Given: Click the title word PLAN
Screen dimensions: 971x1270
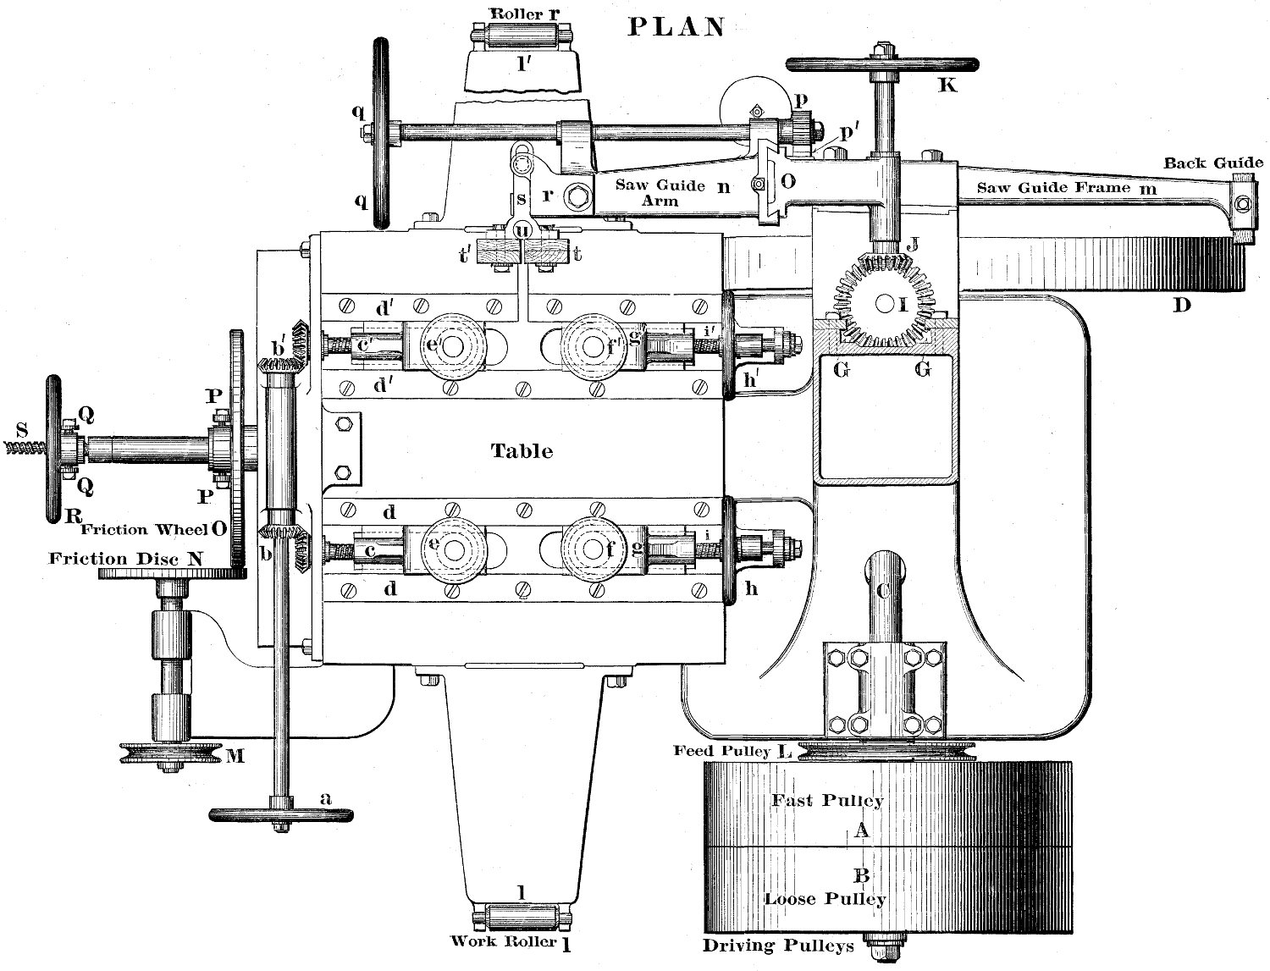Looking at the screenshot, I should pyautogui.click(x=676, y=27).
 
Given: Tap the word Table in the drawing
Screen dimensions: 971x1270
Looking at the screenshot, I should pyautogui.click(x=522, y=450).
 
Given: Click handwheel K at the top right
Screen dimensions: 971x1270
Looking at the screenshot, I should pyautogui.click(x=882, y=64).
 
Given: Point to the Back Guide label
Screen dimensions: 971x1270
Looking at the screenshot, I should pyautogui.click(x=1212, y=163).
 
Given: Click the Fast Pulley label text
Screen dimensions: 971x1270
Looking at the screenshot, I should pyautogui.click(x=827, y=800).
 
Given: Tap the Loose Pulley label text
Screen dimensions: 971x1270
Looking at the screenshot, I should pyautogui.click(x=825, y=899).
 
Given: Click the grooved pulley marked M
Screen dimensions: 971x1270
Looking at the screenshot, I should pyautogui.click(x=170, y=753).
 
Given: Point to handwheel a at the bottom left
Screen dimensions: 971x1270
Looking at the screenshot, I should pyautogui.click(x=280, y=814).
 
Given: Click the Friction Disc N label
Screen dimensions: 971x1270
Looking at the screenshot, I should pyautogui.click(x=126, y=559).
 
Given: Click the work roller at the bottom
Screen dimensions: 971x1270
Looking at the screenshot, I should pyautogui.click(x=522, y=917).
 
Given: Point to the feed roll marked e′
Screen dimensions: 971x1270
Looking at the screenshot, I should pyautogui.click(x=450, y=347).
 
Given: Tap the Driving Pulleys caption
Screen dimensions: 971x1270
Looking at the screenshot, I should pyautogui.click(x=777, y=946).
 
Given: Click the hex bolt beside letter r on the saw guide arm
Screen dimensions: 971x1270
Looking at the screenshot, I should pyautogui.click(x=579, y=197).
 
